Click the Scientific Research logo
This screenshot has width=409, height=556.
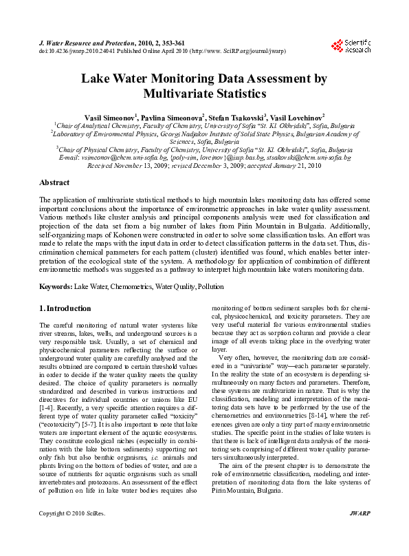[x=351, y=45]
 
